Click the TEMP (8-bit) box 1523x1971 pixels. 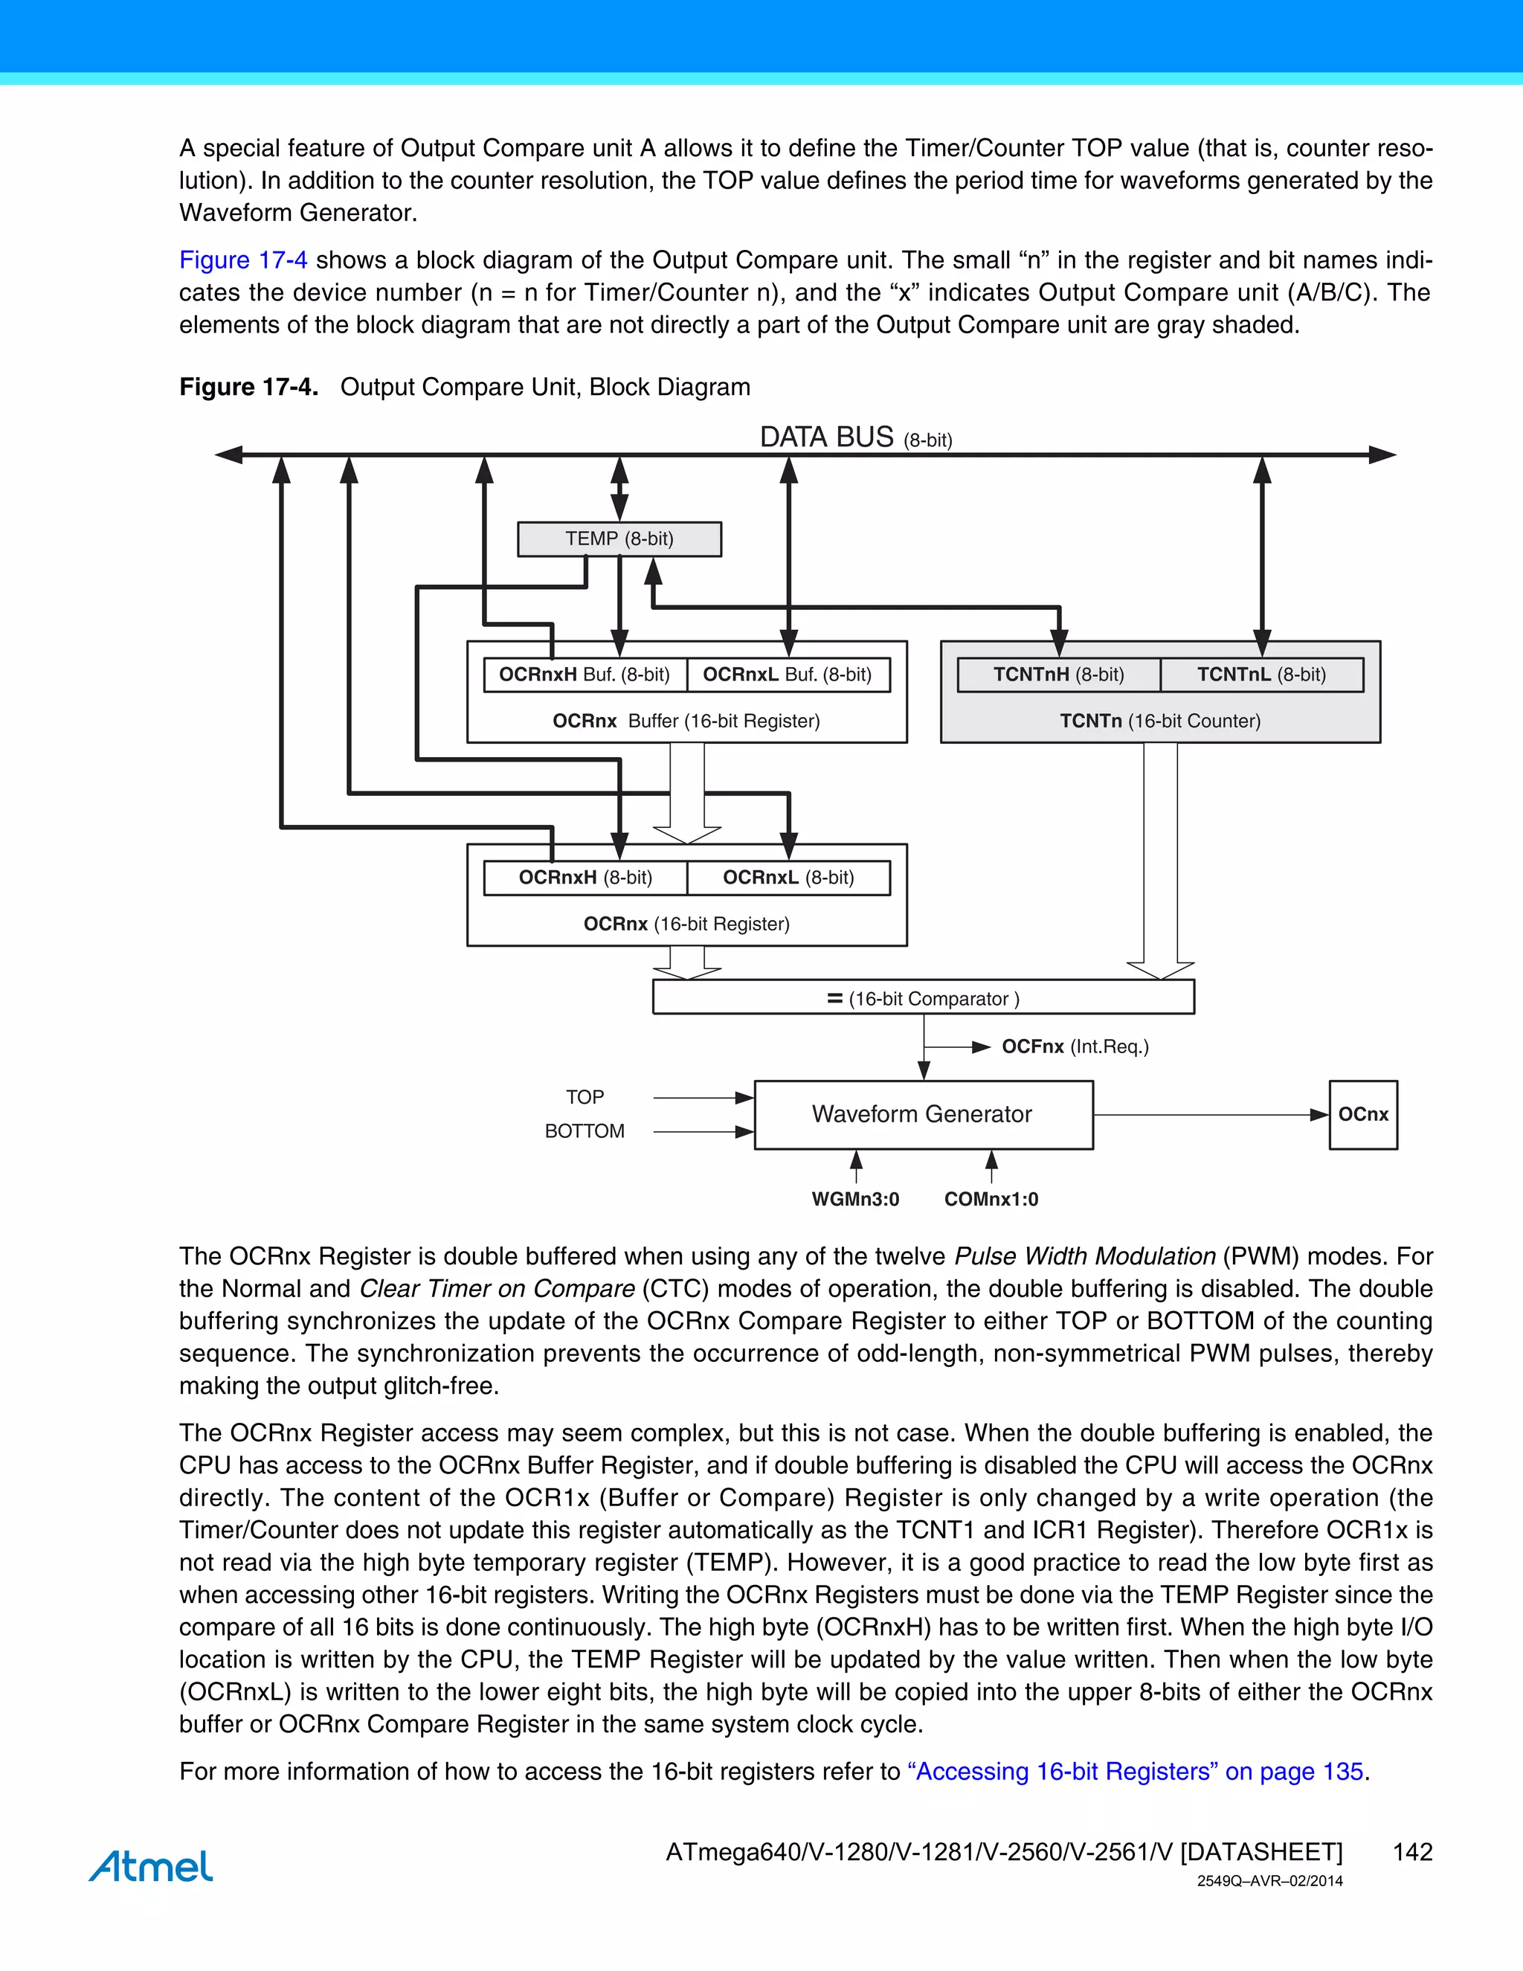pos(619,538)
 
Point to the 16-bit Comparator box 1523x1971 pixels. pos(923,998)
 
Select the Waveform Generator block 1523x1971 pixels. pos(923,1115)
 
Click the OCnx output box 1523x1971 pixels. pos(1362,1115)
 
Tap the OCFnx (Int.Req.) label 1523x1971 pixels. pos(1075,1047)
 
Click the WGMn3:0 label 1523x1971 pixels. pos(855,1200)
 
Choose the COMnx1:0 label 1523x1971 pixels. pos(991,1200)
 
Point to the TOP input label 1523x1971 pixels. pos(585,1097)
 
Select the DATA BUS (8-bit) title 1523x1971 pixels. pos(855,437)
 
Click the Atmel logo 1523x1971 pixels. pos(151,1866)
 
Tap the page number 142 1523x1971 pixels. pos(1412,1852)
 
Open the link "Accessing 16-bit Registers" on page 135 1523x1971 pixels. pos(1139,1772)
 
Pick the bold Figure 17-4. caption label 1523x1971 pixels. pos(248,388)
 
